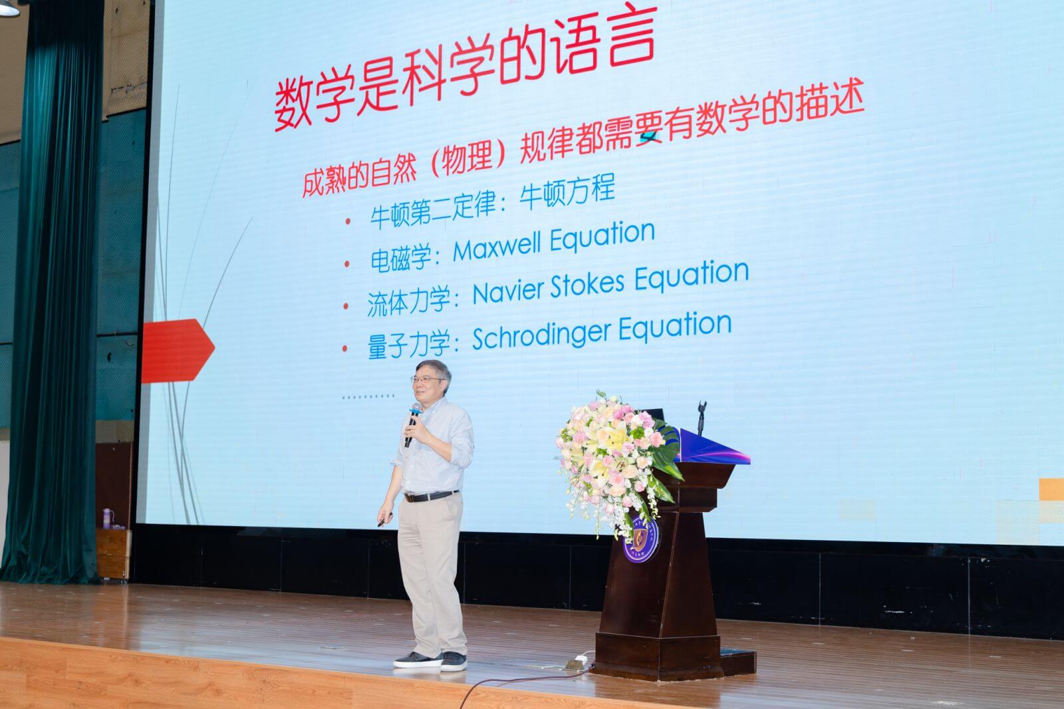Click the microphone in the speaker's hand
[x=412, y=424]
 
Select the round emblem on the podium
[x=641, y=539]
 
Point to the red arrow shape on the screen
[x=178, y=351]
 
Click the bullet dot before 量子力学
[x=345, y=349]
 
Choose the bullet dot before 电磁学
[x=346, y=264]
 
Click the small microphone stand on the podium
[x=702, y=417]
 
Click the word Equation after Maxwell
[x=602, y=236]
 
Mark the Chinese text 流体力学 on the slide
[x=408, y=301]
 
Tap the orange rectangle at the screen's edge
[x=1051, y=490]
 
